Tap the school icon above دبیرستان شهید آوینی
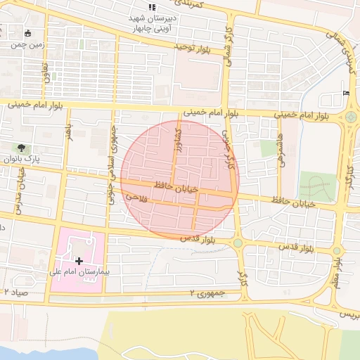(153, 6)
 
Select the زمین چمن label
(16, 44)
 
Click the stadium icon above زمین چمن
(27, 33)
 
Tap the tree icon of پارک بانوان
(22, 148)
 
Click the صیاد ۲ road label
(16, 291)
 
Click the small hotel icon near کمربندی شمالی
(345, 93)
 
